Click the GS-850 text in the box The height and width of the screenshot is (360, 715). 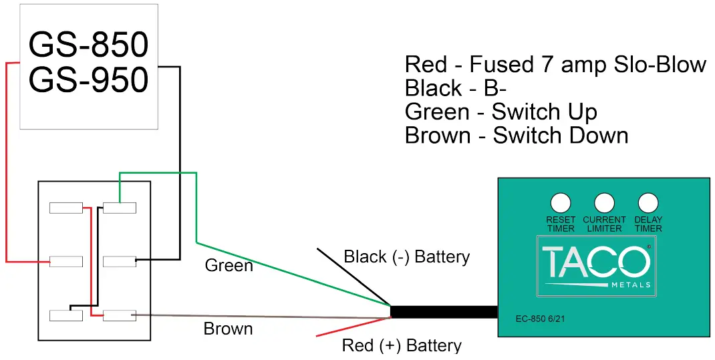[x=88, y=45]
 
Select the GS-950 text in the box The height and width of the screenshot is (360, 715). [x=88, y=80]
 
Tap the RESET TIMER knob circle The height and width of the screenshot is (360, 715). [x=560, y=202]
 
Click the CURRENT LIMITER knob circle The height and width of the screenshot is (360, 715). [x=604, y=202]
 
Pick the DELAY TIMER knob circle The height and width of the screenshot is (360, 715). [x=648, y=202]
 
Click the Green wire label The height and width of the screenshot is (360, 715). [x=229, y=266]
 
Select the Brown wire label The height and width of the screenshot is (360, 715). [x=228, y=329]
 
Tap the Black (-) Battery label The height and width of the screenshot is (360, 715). [x=406, y=257]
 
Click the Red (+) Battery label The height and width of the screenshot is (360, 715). [x=401, y=346]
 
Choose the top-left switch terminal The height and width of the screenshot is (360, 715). [x=66, y=208]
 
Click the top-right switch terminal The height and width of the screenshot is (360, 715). [x=120, y=208]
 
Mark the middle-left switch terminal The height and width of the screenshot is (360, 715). [x=66, y=260]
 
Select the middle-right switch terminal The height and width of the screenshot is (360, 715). [x=120, y=260]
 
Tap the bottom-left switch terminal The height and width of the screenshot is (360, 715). [x=66, y=315]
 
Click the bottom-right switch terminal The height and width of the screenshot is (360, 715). [x=120, y=315]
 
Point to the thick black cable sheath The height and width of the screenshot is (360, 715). [x=444, y=312]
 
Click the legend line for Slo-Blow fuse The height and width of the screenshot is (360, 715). [x=555, y=65]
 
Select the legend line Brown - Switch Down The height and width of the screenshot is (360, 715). [x=516, y=136]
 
